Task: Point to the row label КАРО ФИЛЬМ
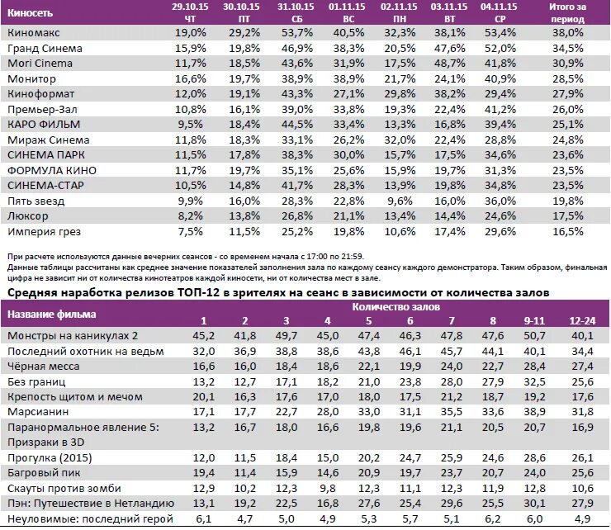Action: point(38,124)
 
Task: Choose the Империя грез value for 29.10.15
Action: point(189,230)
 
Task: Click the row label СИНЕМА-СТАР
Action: point(41,184)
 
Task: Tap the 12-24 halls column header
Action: point(583,320)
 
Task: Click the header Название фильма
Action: point(52,314)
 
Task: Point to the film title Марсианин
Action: point(36,412)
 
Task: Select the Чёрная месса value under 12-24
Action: point(583,367)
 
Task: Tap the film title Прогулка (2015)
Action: point(49,457)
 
